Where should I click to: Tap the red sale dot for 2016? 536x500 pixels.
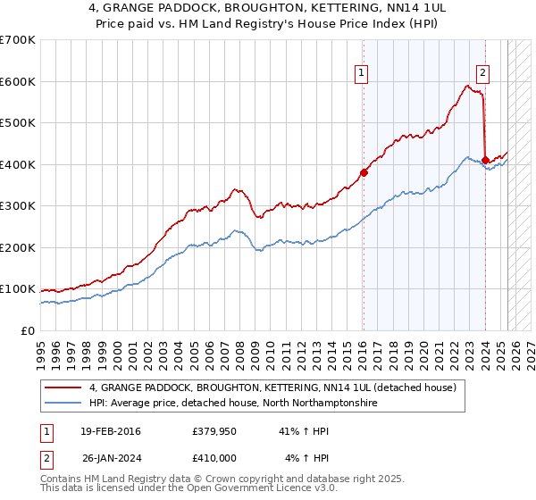(364, 173)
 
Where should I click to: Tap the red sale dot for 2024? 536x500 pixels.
(485, 161)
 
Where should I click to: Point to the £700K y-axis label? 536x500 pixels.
(18, 40)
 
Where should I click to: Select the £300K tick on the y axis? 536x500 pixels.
(18, 206)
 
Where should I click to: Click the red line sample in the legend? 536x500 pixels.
(63, 387)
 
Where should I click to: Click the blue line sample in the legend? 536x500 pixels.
(63, 404)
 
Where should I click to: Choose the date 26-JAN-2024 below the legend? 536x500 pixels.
(112, 457)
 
